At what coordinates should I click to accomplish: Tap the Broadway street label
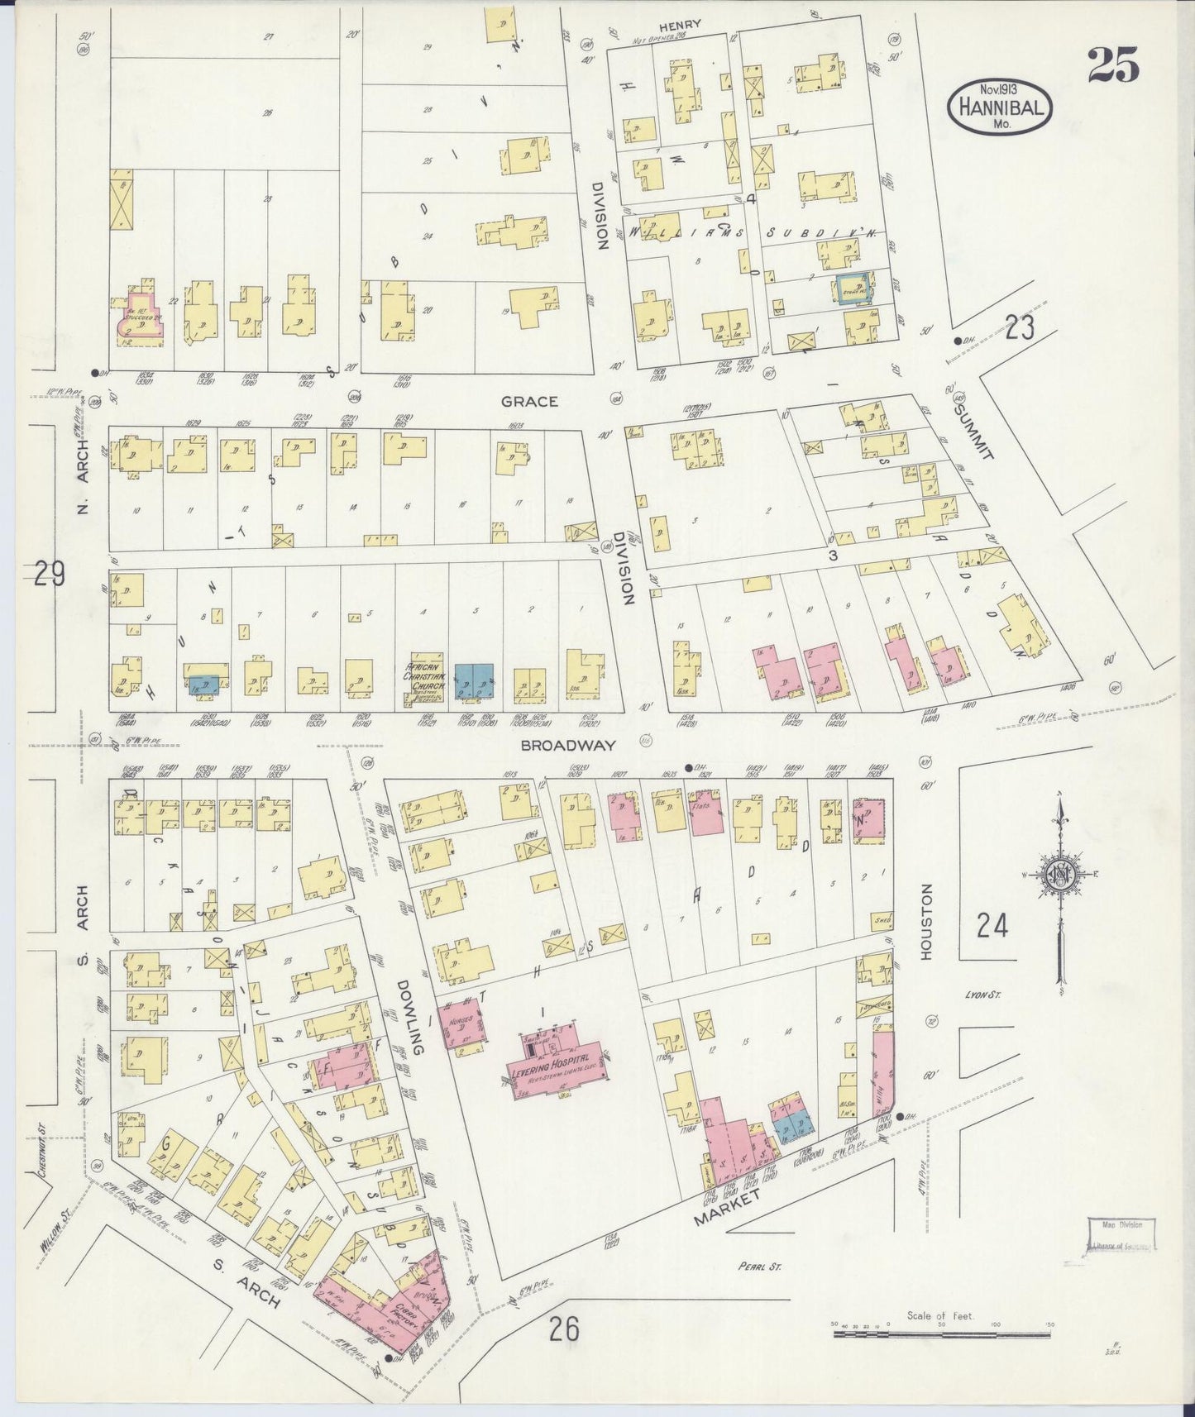coord(568,745)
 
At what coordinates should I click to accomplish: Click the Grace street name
coord(529,401)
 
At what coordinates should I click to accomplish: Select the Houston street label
coord(925,922)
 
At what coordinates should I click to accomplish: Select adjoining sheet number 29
coord(50,572)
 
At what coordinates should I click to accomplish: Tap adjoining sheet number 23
coord(1020,329)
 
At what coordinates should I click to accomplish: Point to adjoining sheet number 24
coord(992,926)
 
